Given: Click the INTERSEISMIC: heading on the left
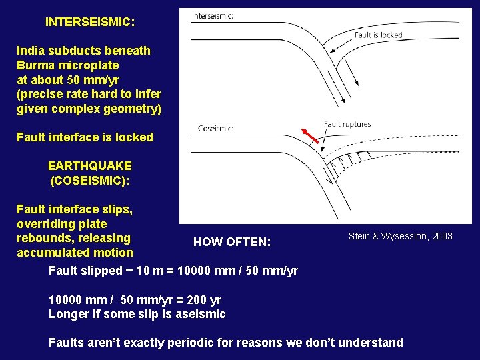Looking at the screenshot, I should pyautogui.click(x=90, y=22).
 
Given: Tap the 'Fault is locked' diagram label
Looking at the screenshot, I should pyautogui.click(x=379, y=35).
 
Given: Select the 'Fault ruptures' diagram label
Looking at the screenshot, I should pyautogui.click(x=347, y=124).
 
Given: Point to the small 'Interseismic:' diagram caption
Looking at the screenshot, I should pyautogui.click(x=212, y=16).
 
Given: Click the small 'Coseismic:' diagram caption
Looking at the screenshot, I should pyautogui.click(x=215, y=129).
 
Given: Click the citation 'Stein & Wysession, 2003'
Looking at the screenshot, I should pyautogui.click(x=400, y=236).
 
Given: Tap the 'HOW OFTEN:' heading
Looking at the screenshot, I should pyautogui.click(x=232, y=242).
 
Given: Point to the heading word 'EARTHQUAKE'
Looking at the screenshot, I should pyautogui.click(x=90, y=165).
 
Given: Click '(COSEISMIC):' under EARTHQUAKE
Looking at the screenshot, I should pyautogui.click(x=90, y=180).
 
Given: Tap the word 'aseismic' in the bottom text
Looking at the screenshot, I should pyautogui.click(x=203, y=314).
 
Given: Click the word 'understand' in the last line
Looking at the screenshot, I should pyautogui.click(x=372, y=343).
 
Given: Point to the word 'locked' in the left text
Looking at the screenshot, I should pyautogui.click(x=134, y=137).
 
